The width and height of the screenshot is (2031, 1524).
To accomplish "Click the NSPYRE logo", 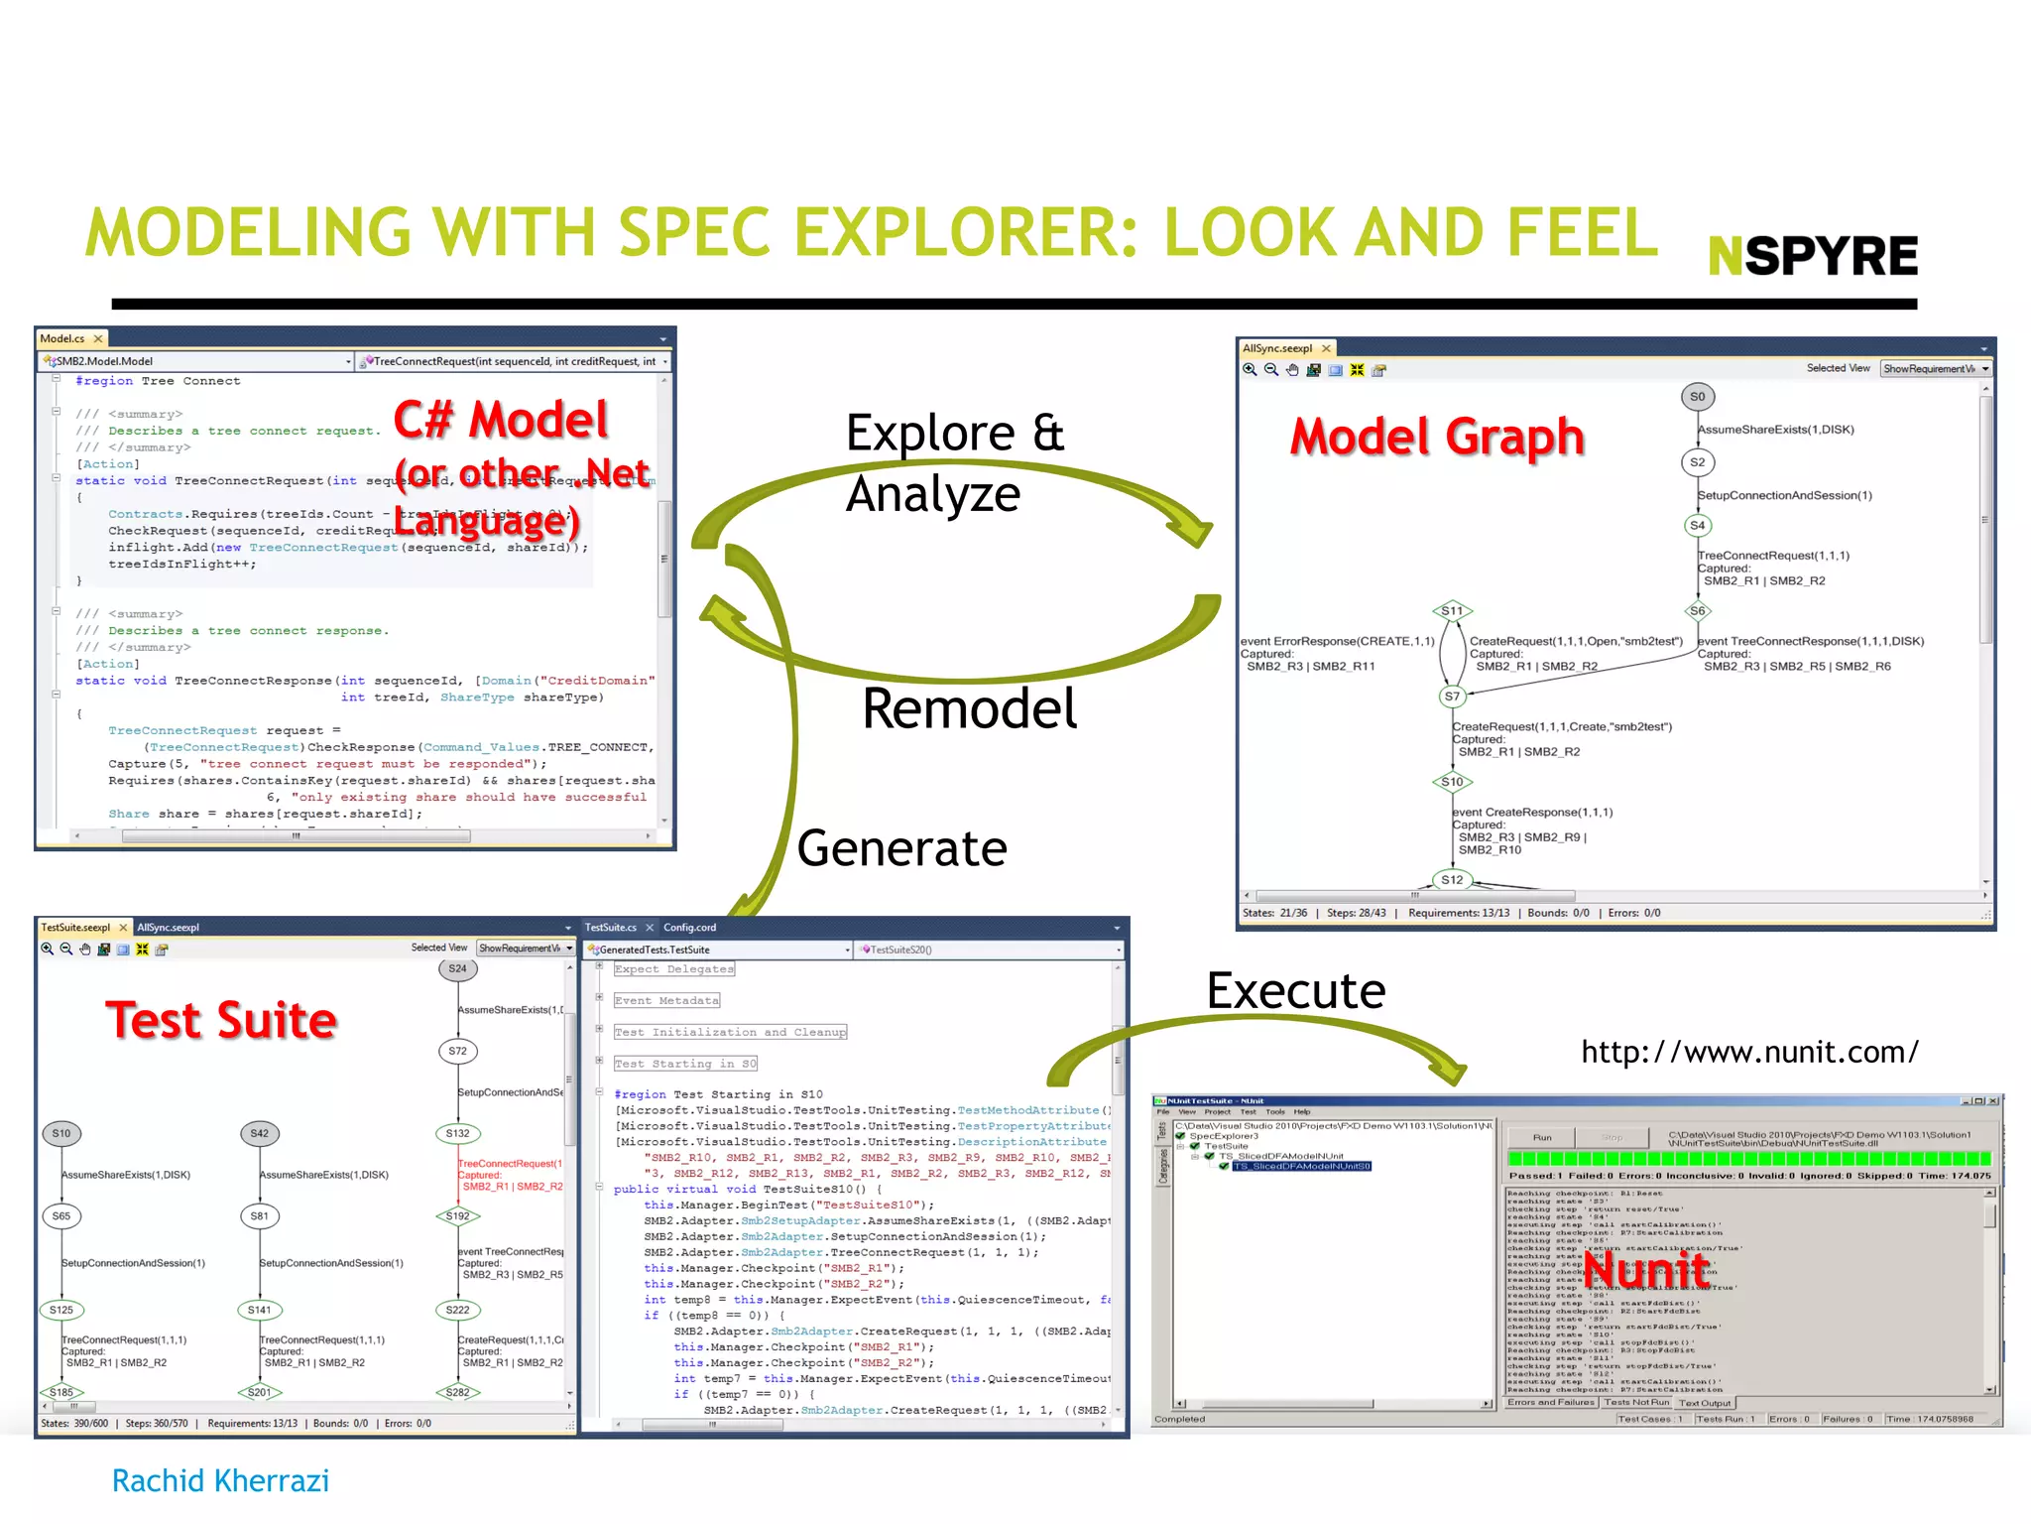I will tap(1813, 256).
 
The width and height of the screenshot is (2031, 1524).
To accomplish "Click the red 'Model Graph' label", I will tap(1437, 437).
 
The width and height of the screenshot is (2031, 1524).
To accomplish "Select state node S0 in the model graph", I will tap(1697, 397).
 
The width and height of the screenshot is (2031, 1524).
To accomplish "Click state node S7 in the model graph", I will tap(1452, 697).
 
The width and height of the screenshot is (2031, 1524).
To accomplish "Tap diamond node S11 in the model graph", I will tap(1452, 611).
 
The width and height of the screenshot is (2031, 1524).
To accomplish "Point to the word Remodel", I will tap(969, 708).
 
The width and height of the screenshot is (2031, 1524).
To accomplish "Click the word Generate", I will tap(901, 848).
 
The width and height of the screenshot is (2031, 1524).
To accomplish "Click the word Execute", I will tap(1295, 990).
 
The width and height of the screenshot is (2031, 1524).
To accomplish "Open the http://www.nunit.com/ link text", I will tap(1749, 1052).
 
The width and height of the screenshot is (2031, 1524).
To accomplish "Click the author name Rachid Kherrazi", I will tap(220, 1480).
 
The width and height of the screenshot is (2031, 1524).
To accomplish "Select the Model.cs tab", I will tap(62, 339).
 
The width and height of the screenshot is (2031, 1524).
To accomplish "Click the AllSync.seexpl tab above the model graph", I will tap(1277, 349).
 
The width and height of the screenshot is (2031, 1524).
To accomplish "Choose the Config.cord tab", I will tap(689, 928).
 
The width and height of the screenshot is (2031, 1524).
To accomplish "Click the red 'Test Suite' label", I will tap(221, 1020).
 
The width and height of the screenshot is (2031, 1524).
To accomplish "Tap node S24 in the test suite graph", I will tap(457, 968).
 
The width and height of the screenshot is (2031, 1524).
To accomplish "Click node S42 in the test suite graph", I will tap(259, 1133).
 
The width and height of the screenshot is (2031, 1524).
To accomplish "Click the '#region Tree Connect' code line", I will tap(158, 381).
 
